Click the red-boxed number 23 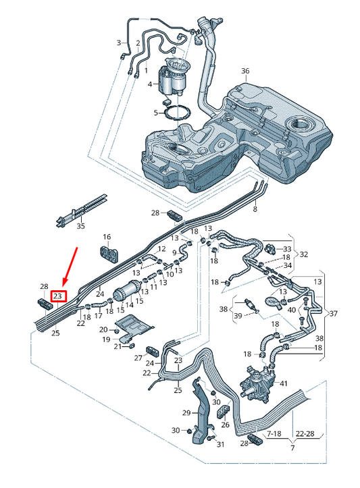coord(57,296)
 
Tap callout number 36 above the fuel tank coord(245,71)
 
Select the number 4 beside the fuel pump coord(151,84)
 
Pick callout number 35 coord(80,226)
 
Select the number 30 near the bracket coord(176,431)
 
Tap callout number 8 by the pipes coord(255,210)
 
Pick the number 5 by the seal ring coord(155,112)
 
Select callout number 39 coord(237,315)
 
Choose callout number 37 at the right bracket coord(333,313)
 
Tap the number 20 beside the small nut coord(103,329)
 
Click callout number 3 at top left coord(119,43)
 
